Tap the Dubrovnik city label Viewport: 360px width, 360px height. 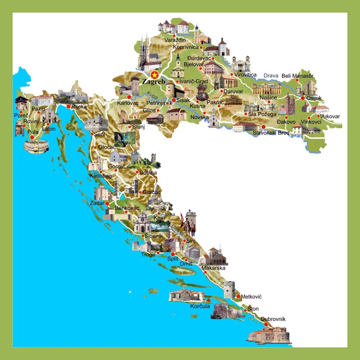[273, 319]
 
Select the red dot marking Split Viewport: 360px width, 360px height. [173, 254]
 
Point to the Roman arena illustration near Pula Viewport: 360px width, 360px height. [36, 147]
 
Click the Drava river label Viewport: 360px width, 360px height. [271, 76]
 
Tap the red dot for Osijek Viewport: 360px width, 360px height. [303, 98]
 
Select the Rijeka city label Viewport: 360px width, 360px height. [79, 107]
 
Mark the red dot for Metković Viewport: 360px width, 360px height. [238, 296]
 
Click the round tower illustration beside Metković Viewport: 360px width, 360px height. [229, 289]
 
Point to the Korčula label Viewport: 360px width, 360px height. [200, 306]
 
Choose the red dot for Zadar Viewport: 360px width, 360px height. [107, 203]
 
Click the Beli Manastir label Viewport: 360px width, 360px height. [297, 76]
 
